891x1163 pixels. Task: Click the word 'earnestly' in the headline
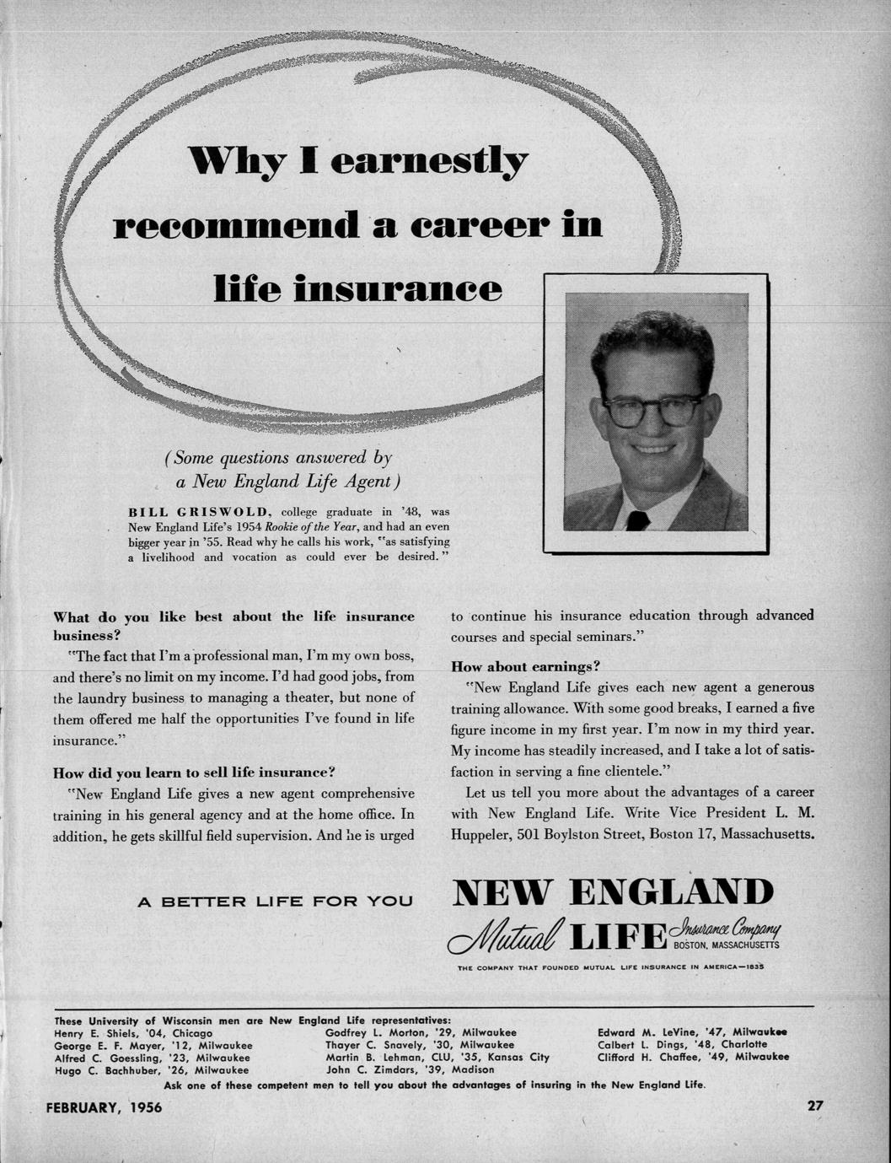coord(429,161)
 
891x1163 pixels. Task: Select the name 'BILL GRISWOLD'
coord(198,511)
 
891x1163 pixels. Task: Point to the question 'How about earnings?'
coord(525,665)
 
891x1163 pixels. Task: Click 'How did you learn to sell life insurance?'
coord(195,772)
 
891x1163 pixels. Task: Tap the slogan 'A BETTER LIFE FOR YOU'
coord(275,901)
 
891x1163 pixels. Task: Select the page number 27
coord(815,1106)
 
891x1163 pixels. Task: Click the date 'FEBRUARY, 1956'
coord(104,1107)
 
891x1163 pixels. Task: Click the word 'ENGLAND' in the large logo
coord(671,894)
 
